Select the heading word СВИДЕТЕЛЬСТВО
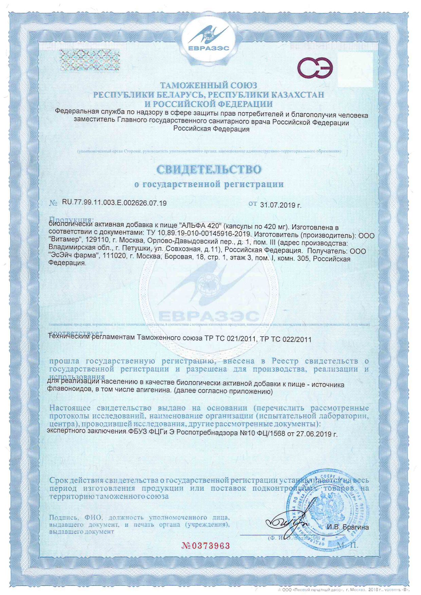click(x=208, y=169)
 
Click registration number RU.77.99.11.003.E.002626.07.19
click(x=114, y=203)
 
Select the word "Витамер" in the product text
click(x=66, y=243)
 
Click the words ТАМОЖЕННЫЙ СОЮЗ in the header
click(x=208, y=85)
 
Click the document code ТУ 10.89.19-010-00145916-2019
click(x=199, y=235)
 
